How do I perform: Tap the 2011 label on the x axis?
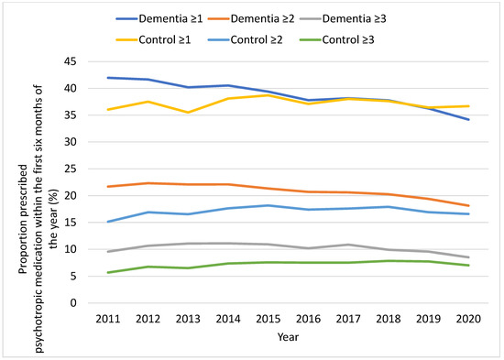[108, 317]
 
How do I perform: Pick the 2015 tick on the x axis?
[268, 317]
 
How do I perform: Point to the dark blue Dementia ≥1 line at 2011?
[108, 78]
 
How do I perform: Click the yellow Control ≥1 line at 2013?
[188, 113]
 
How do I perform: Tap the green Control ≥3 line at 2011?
[108, 272]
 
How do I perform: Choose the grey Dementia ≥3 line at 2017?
[347, 245]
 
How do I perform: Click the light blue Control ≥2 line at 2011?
[108, 222]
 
